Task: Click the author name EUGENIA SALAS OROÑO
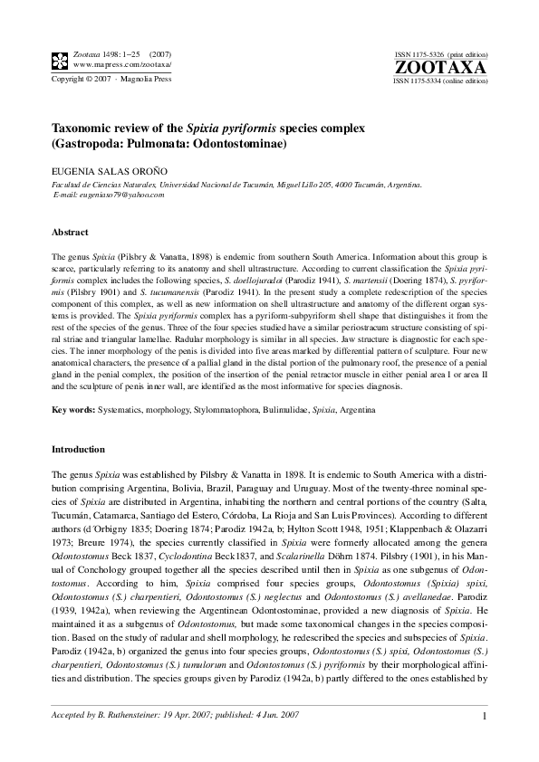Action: pos(107,169)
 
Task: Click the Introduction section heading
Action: pos(78,449)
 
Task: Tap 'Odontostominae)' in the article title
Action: pos(240,144)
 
